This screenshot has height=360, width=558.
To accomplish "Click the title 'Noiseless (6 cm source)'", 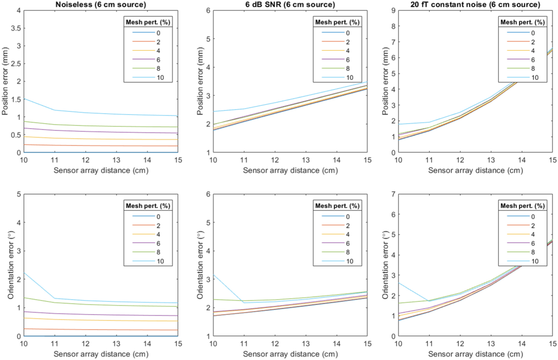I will [x=101, y=5].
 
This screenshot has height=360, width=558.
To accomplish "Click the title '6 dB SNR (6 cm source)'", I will [x=290, y=5].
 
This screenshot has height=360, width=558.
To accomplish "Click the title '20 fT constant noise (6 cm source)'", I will [x=475, y=5].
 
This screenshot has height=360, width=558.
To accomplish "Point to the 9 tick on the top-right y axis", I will [x=393, y=10].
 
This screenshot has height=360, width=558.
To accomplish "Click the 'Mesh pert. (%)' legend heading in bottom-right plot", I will [x=522, y=206].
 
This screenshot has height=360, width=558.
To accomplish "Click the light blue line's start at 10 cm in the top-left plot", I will [x=24, y=99].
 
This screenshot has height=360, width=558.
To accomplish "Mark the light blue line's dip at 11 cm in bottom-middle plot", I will [x=244, y=303].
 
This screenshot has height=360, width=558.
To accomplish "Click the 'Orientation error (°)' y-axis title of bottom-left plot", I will [x=11, y=265].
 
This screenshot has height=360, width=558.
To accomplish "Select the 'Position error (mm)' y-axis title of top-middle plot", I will [x=200, y=81].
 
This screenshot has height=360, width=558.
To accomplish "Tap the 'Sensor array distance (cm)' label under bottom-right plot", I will [x=475, y=354].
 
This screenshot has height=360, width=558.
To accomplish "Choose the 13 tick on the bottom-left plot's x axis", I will [x=116, y=344].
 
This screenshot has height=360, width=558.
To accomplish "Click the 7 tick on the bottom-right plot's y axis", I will [x=393, y=194].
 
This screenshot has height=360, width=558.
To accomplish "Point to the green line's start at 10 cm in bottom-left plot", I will [x=24, y=298].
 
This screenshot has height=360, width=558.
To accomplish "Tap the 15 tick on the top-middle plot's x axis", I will [x=367, y=160].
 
